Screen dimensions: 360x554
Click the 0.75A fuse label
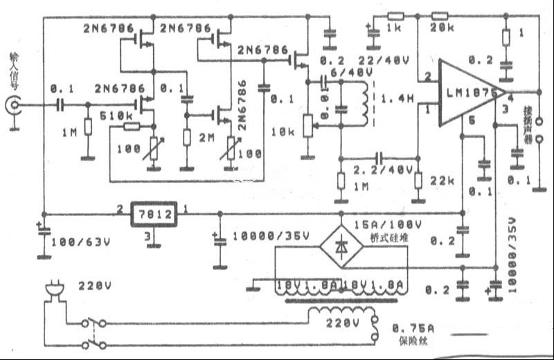414,327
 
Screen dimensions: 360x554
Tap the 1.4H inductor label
398,100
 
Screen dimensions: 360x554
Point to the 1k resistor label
395,28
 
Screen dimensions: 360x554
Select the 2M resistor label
208,138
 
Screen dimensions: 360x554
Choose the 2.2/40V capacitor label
383,170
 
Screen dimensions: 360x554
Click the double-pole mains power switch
93,332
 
